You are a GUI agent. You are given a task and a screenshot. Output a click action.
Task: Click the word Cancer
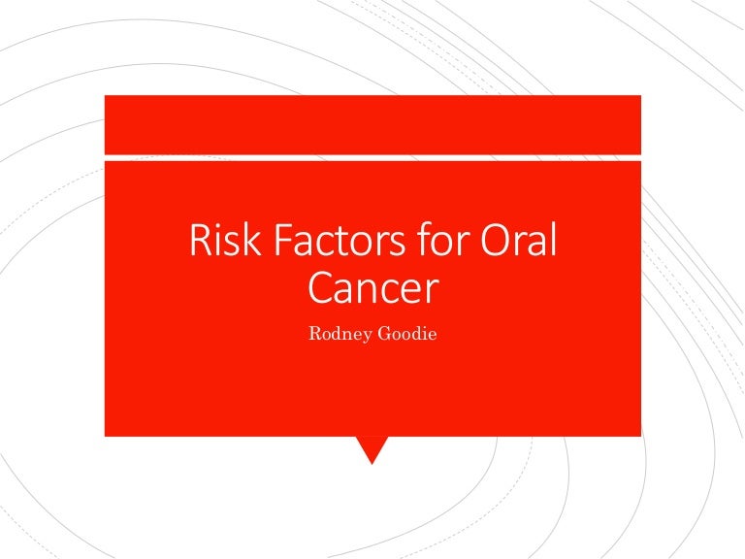coord(372,288)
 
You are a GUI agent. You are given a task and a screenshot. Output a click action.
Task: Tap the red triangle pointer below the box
coord(372,448)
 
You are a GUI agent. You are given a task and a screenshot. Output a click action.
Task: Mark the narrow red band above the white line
coord(372,124)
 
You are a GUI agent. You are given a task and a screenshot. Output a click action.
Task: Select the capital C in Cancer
coord(319,288)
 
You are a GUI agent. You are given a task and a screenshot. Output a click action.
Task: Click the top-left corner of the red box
coord(106,96)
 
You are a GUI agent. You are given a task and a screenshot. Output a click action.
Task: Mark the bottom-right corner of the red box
coord(640,435)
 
